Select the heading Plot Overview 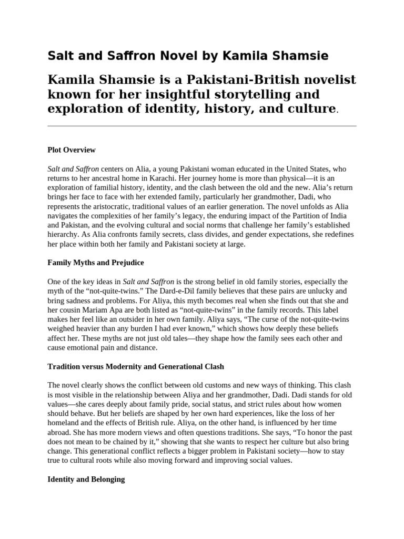[x=72, y=150]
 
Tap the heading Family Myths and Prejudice [x=96, y=262]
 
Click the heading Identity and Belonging [x=86, y=480]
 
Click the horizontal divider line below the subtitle [x=202, y=126]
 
